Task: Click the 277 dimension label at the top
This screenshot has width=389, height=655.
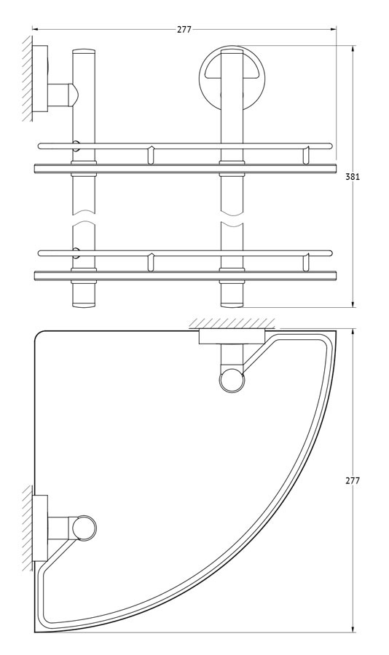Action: pos(184,30)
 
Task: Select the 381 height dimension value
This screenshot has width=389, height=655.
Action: pos(352,177)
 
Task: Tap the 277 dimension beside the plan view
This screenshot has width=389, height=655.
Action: pos(353,481)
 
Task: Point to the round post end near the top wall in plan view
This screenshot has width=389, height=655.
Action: pos(232,381)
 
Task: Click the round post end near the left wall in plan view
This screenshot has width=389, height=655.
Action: pos(84,528)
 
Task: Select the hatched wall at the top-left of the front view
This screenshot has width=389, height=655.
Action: pos(28,78)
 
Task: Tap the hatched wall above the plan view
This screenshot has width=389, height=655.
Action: pos(232,324)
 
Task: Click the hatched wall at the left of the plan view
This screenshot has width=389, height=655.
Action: pos(28,528)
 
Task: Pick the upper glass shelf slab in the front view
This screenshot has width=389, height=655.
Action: pos(185,168)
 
